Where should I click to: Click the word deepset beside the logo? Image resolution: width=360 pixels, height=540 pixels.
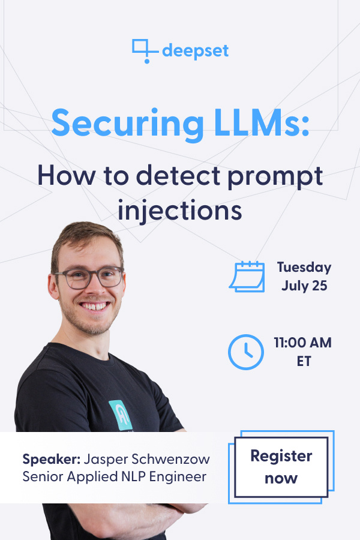pyautogui.click(x=196, y=51)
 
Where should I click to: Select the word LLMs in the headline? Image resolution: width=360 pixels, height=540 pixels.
pyautogui.click(x=261, y=123)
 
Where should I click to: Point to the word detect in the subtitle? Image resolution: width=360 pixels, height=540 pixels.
pyautogui.click(x=178, y=176)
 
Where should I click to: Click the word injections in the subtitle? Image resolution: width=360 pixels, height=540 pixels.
pyautogui.click(x=180, y=210)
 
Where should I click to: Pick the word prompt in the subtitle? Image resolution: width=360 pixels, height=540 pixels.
pyautogui.click(x=275, y=178)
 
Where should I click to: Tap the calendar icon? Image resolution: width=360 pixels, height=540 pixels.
pyautogui.click(x=247, y=277)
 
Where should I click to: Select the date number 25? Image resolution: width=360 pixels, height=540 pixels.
pyautogui.click(x=320, y=286)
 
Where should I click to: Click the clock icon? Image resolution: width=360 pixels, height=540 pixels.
pyautogui.click(x=246, y=352)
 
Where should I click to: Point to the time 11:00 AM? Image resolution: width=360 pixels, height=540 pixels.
pyautogui.click(x=303, y=343)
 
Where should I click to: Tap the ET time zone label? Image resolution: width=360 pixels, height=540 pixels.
pyautogui.click(x=304, y=361)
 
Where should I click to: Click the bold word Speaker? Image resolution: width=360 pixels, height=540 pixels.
pyautogui.click(x=52, y=460)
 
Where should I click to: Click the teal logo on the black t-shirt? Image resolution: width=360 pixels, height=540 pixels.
pyautogui.click(x=121, y=415)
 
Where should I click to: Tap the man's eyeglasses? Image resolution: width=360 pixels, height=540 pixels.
pyautogui.click(x=89, y=277)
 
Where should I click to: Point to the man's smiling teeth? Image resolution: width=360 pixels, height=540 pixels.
pyautogui.click(x=94, y=306)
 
